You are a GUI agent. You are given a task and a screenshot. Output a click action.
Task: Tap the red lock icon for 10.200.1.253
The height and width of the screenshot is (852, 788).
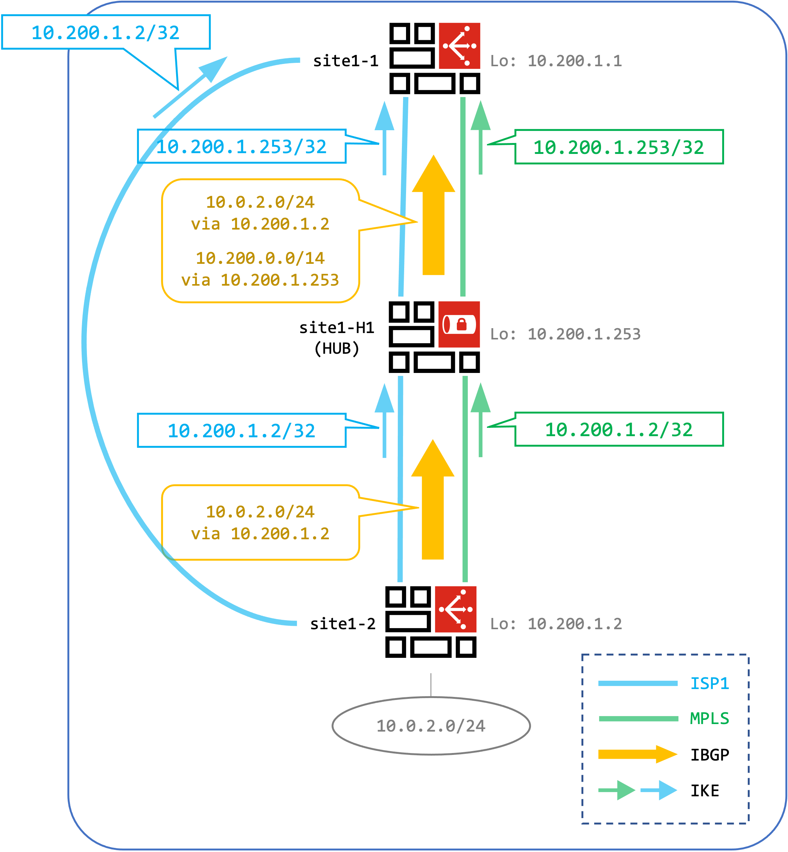459,324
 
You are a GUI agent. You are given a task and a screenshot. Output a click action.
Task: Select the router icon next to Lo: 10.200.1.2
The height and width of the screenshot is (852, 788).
455,609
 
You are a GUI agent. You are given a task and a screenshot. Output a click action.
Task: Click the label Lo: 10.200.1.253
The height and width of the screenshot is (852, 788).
565,334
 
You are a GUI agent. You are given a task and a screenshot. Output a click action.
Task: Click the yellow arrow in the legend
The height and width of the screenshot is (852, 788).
637,755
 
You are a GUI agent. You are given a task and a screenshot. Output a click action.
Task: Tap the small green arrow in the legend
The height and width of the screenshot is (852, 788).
617,790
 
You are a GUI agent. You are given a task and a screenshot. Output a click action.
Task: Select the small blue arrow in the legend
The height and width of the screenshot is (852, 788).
659,790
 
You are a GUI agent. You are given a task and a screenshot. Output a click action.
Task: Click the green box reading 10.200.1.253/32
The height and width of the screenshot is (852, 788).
619,147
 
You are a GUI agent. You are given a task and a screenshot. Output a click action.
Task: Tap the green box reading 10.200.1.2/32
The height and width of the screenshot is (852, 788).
619,429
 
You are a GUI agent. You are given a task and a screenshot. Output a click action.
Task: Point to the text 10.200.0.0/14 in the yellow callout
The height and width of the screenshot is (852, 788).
260,258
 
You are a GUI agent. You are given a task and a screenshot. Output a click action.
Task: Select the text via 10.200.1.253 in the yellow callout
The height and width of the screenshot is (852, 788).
260,280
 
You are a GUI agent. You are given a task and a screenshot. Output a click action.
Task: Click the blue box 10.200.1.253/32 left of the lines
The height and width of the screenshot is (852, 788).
241,147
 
